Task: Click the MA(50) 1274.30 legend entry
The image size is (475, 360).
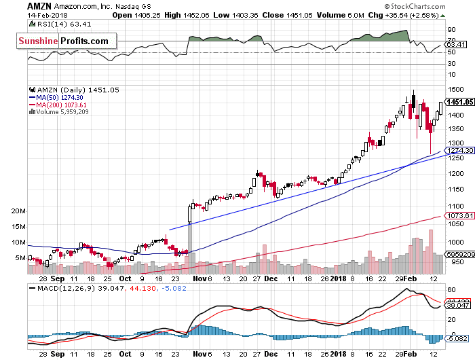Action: point(60,97)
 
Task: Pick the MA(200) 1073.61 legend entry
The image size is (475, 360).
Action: point(62,105)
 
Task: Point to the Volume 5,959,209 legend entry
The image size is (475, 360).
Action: point(62,112)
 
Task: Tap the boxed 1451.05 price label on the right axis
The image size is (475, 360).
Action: point(459,102)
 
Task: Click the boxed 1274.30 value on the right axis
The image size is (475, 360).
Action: point(459,151)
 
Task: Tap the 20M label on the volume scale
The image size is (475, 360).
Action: point(18,211)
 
